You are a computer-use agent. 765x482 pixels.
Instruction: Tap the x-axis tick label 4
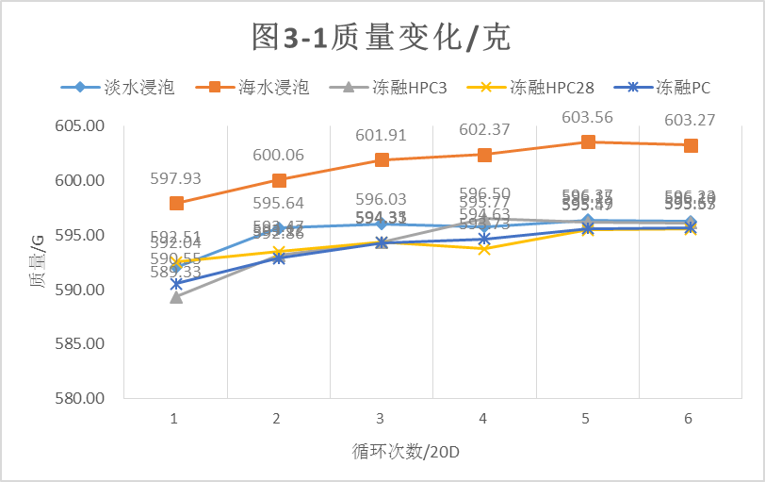click(483, 418)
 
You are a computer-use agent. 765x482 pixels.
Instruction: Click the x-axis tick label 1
click(175, 418)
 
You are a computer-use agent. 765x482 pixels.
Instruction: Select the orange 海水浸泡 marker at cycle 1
click(176, 204)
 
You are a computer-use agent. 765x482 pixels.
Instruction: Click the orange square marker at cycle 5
click(588, 141)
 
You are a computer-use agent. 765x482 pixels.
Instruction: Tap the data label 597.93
click(176, 178)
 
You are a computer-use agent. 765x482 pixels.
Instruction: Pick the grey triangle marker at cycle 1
click(176, 297)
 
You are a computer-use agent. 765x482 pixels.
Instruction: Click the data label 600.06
click(278, 156)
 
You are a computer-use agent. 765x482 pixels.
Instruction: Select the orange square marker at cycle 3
click(382, 160)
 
